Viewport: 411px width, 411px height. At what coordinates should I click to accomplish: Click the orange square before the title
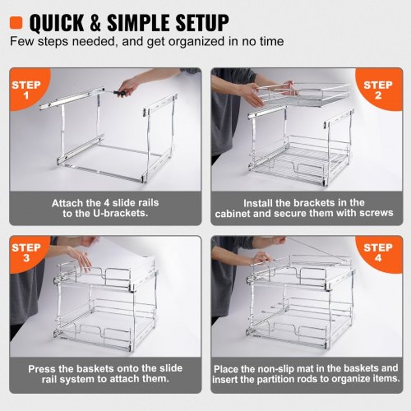pos(17,22)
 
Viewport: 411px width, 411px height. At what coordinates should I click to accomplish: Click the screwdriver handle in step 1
pos(120,93)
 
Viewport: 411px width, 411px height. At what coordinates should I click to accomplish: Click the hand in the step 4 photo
pos(261,256)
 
